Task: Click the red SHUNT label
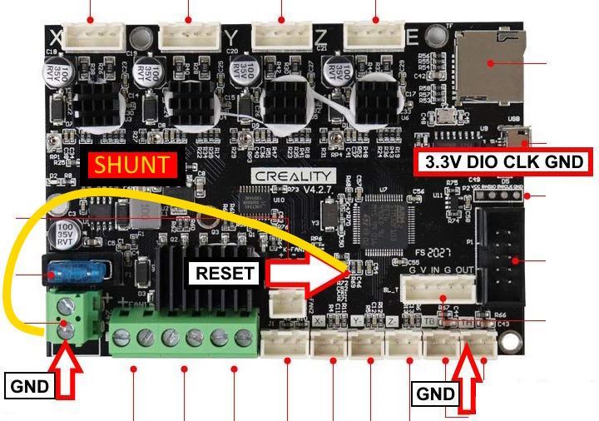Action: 132,165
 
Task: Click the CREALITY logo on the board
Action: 295,177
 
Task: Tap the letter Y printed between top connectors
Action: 232,38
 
